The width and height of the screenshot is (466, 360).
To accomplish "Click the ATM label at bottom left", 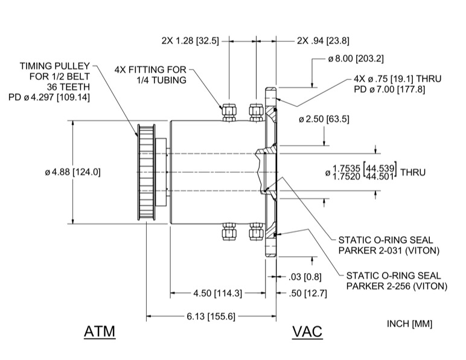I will (x=99, y=332).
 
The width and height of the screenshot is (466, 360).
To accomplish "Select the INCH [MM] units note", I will (x=409, y=324).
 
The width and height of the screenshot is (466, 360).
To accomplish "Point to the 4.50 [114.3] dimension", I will (x=217, y=293).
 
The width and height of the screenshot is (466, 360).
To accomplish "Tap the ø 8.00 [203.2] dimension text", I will (x=356, y=59).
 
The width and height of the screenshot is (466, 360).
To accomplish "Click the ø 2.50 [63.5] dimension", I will (x=324, y=119).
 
